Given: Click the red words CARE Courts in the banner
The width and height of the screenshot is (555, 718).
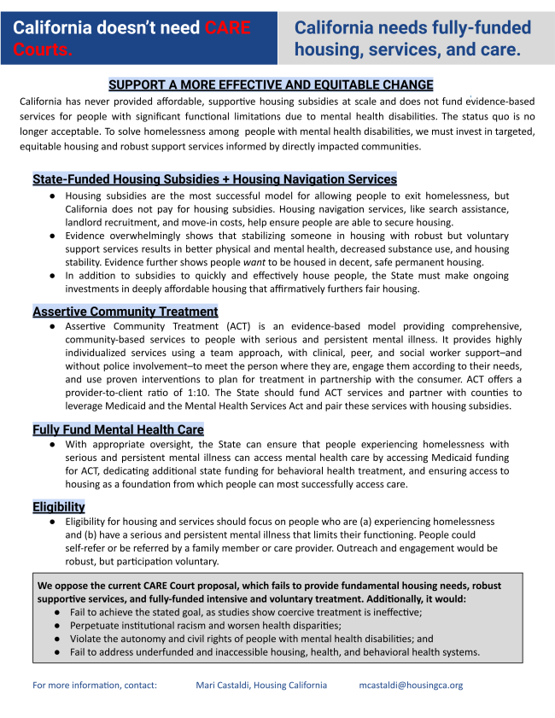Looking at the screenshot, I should [x=227, y=28].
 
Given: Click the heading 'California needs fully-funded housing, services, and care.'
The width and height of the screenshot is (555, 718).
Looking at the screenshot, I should [x=412, y=39].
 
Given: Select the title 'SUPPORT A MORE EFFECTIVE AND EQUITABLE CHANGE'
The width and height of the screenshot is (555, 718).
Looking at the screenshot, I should [x=271, y=85].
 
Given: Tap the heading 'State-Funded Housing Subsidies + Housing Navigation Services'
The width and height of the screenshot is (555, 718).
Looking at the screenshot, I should [x=214, y=179].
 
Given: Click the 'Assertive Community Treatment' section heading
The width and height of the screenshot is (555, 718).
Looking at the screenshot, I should [x=126, y=312].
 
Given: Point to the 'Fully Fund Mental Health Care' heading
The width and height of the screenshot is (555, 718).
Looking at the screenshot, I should [x=118, y=429].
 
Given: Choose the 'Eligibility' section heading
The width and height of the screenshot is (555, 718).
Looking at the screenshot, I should [x=59, y=506].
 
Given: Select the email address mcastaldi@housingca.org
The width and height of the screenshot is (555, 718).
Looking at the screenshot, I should [x=412, y=685].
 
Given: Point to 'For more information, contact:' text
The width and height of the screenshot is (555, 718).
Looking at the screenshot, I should [x=95, y=685].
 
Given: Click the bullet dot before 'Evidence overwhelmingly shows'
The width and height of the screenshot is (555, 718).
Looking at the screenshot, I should [x=54, y=236].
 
